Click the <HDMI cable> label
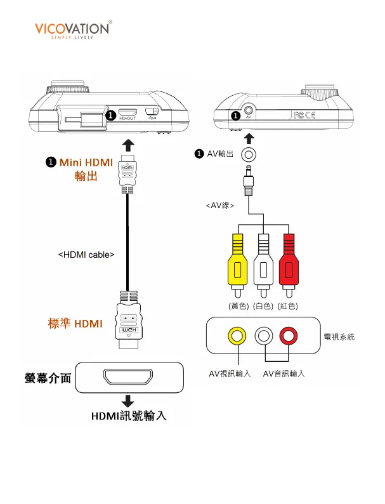coord(86,255)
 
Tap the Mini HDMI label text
coord(86,162)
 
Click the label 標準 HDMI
coord(75,324)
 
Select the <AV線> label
coord(220,206)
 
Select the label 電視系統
coord(339,337)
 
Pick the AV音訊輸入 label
coord(284,373)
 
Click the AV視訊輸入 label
coord(230,373)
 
